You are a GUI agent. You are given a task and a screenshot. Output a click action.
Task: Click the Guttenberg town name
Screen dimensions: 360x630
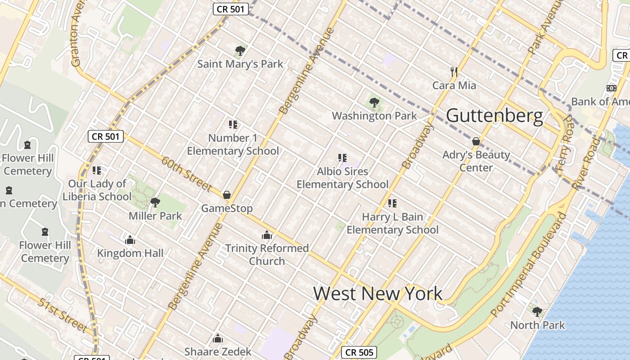point(495,116)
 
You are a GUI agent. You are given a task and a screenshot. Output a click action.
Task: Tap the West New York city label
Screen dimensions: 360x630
point(378,293)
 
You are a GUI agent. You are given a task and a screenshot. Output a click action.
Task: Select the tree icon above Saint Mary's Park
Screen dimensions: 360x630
point(240,50)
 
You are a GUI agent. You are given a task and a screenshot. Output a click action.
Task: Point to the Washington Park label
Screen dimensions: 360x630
point(374,116)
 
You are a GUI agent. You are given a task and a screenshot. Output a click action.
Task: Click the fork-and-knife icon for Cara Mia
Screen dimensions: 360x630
point(454,72)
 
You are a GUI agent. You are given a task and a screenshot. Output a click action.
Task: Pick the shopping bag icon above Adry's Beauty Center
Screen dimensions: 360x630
point(476,142)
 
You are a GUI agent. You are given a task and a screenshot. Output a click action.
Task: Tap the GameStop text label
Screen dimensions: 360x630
point(227,208)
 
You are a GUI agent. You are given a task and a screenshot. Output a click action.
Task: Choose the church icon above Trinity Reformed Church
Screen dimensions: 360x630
point(267,235)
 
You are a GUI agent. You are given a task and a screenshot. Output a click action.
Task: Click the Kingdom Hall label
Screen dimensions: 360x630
point(130,253)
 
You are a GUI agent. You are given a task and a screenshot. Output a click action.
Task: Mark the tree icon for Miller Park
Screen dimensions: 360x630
point(155,202)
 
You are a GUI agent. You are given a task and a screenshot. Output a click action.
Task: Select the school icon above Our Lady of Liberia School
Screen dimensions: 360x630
point(97,171)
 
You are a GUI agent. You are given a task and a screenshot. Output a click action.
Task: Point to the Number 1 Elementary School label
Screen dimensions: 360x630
point(233,144)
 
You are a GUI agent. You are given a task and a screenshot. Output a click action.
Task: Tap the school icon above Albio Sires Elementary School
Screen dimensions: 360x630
point(342,158)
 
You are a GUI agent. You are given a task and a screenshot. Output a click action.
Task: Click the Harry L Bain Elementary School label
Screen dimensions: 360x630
point(392,223)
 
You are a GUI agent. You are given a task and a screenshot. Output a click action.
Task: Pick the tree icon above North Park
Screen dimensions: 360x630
point(537,311)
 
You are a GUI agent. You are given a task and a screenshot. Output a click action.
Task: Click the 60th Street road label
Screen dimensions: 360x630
point(186,173)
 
